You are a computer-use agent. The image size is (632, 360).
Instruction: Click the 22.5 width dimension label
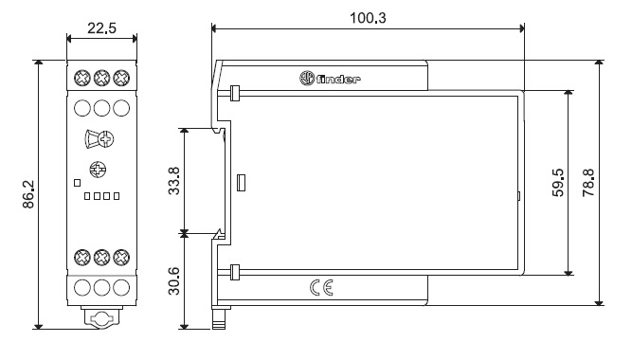[101, 28]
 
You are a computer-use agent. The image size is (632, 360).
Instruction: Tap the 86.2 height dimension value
[28, 194]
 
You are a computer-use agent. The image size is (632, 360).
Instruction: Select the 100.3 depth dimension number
[368, 18]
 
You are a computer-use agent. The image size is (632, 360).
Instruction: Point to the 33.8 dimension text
[173, 181]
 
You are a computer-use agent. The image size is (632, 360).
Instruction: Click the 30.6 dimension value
[173, 281]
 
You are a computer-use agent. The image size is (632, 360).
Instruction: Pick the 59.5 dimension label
[558, 183]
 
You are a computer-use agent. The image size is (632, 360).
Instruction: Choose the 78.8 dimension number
[588, 183]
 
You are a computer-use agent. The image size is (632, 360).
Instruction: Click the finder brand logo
[330, 79]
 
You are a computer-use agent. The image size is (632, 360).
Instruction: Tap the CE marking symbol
[321, 287]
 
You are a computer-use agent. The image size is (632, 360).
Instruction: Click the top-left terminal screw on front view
[82, 78]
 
